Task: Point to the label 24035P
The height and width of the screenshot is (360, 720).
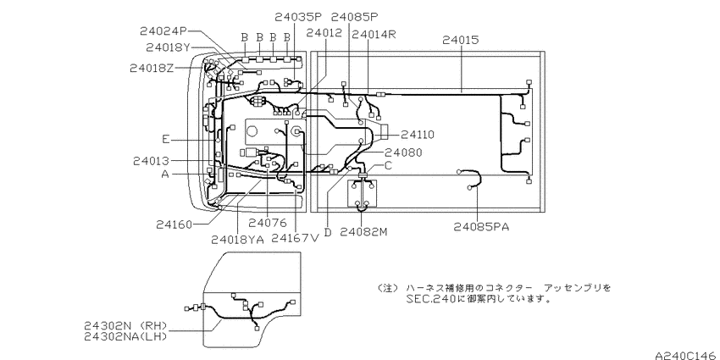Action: (x=298, y=16)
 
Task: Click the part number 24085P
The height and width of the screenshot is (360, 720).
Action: (x=355, y=16)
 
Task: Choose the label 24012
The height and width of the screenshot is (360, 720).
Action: (x=324, y=33)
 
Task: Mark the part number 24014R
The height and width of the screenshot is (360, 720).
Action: (x=374, y=35)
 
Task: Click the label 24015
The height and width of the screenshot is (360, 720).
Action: (x=461, y=39)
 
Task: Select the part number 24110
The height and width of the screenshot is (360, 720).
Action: (x=418, y=134)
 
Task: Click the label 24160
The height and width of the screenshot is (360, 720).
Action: (x=174, y=224)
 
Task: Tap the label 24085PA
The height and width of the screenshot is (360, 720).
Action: (x=481, y=226)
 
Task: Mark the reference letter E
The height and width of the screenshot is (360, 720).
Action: (x=166, y=137)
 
